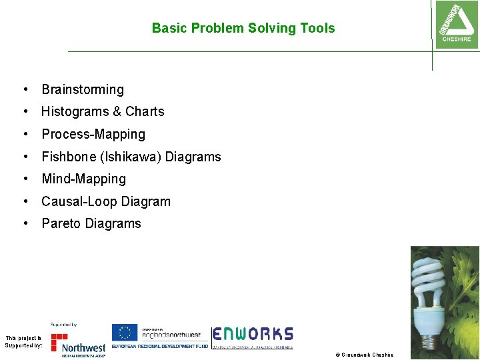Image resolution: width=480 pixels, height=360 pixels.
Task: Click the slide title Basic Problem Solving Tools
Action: coord(243,28)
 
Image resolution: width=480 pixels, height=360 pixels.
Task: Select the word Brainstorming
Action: coord(83,89)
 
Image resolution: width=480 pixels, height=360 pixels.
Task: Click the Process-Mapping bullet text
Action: coord(93,134)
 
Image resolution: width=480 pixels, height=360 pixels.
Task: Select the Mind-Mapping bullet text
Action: coord(83,179)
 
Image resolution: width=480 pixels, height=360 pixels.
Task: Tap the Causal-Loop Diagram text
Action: coord(106,201)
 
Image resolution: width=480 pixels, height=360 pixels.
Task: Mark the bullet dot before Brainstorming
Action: coord(25,89)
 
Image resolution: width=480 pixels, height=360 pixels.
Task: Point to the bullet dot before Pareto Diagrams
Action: coord(25,223)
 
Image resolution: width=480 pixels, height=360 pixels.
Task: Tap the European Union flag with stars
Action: coord(124,333)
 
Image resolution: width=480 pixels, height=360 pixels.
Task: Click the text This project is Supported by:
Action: coord(23,342)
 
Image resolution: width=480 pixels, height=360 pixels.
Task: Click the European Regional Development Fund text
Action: coord(160,347)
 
